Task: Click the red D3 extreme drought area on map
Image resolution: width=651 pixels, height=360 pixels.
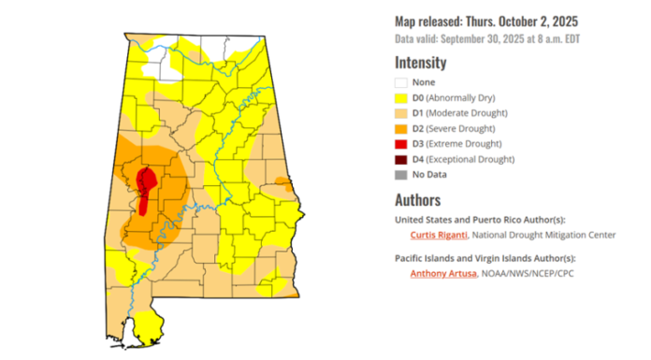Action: click(x=145, y=186)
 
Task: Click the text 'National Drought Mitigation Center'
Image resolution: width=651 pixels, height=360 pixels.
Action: click(x=549, y=235)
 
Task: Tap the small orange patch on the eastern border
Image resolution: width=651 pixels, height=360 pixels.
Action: click(x=282, y=180)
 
